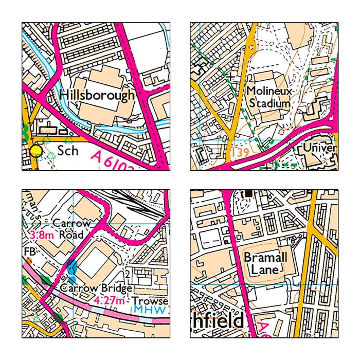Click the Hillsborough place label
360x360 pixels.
[x=97, y=95]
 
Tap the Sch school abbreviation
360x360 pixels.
[x=68, y=151]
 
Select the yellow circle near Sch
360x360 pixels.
[x=35, y=151]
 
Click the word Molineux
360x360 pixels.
[x=269, y=91]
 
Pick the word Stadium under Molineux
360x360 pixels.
[x=269, y=103]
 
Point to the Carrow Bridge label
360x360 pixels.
[x=95, y=288]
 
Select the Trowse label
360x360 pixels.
[x=150, y=300]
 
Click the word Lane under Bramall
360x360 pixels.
[x=265, y=269]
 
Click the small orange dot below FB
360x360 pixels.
[x=29, y=261]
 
